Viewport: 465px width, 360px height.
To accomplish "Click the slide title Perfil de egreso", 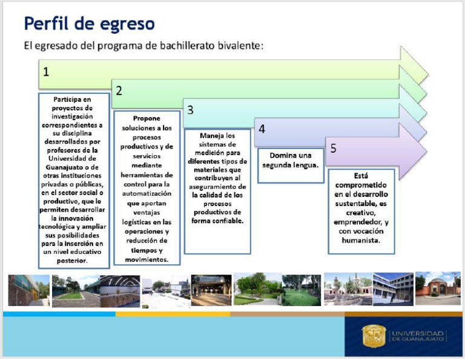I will coord(89,24).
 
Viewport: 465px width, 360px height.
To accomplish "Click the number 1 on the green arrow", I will coord(46,71).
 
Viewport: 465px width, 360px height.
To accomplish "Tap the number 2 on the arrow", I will coord(119,91).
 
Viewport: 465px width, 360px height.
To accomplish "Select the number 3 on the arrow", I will coord(190,110).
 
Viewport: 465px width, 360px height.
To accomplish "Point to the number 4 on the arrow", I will coord(262,129).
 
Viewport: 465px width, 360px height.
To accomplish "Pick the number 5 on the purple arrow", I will coord(333,148).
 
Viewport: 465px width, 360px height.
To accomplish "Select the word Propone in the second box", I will coord(147,118).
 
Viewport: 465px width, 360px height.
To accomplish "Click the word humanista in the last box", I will coord(361,239).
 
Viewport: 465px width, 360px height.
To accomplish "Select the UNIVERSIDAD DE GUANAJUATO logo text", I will coord(417,336).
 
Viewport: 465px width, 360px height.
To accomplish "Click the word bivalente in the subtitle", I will coord(241,46).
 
